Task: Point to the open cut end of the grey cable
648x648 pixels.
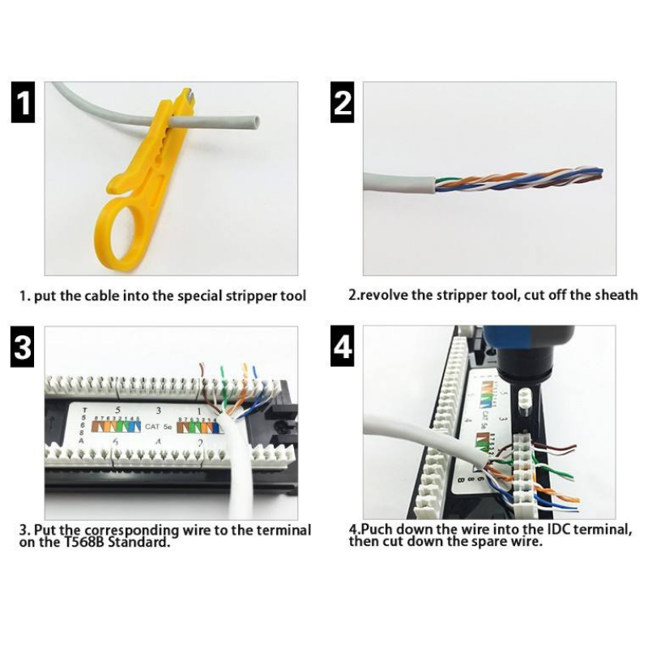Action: coord(254,122)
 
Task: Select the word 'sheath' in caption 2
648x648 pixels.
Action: coord(616,295)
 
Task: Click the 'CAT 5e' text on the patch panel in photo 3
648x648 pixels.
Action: coord(152,421)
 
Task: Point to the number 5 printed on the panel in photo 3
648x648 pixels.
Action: coord(117,409)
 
